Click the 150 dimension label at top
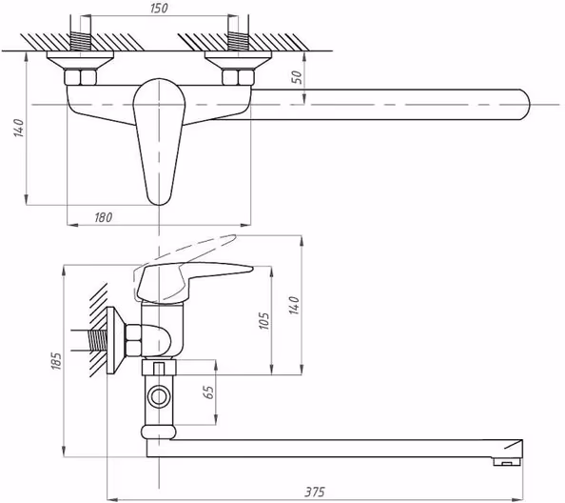coord(159,8)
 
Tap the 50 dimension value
coord(297,77)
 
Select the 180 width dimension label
coord(104,217)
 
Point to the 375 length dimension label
coord(315,492)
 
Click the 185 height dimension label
coord(57,360)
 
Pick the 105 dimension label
coord(263,321)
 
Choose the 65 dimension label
coord(208,392)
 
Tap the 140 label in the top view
coord(19,128)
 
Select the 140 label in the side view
coord(295,305)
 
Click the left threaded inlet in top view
coord(80,41)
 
